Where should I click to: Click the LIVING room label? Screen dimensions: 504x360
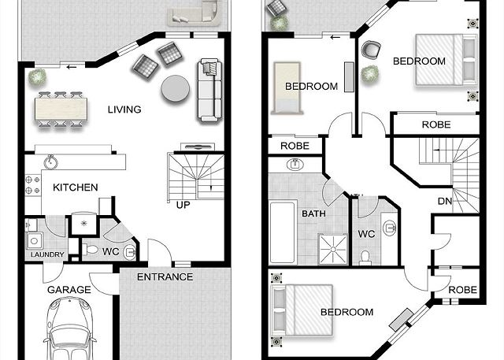124,109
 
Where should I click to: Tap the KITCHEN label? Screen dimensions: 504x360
76,187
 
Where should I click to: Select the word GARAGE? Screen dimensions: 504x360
69,290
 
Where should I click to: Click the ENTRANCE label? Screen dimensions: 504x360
165,277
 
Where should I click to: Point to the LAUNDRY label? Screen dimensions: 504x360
47,254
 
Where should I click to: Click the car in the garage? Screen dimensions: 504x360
70,328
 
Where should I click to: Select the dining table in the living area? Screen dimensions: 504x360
61,109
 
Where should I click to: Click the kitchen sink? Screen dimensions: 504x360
50,161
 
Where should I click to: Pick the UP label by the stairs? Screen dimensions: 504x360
183,205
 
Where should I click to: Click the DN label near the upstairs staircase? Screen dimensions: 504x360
445,202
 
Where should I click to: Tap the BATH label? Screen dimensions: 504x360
313,213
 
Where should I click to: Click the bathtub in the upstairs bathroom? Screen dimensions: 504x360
283,232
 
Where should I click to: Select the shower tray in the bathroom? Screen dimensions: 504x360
333,249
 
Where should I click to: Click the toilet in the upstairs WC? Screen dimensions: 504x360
365,258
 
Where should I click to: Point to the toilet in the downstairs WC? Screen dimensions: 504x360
91,250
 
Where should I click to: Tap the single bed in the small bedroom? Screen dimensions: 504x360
287,88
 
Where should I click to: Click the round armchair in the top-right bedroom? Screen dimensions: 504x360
371,50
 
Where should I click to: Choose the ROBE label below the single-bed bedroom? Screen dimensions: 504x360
295,146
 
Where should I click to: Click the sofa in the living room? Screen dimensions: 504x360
209,91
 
